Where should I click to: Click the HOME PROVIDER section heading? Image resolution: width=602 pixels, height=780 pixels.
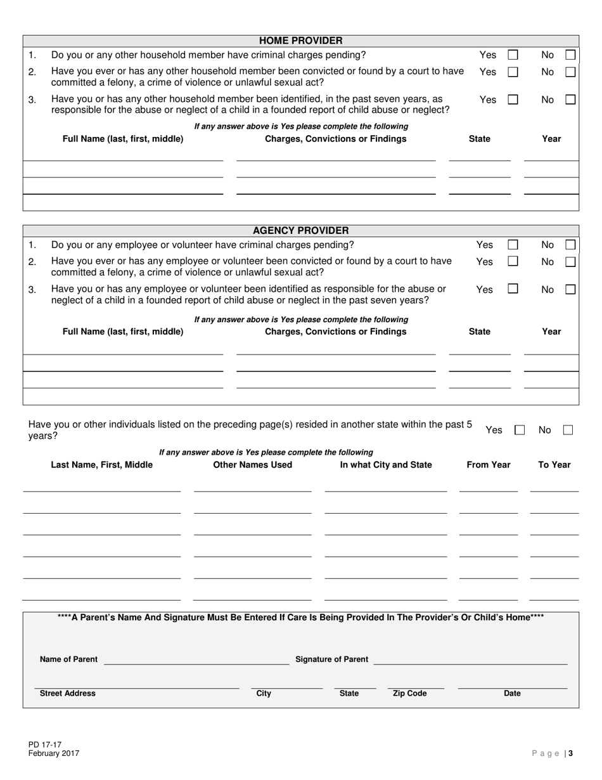click(x=301, y=41)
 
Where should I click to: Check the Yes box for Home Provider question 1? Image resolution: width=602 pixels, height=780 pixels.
click(x=513, y=55)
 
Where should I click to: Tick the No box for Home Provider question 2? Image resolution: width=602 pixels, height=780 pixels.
click(x=570, y=72)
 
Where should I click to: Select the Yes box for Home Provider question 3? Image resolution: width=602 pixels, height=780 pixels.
click(x=513, y=100)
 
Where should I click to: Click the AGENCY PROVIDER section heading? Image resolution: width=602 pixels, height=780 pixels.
click(x=301, y=230)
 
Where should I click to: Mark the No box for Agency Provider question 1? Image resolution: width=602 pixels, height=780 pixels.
click(x=570, y=245)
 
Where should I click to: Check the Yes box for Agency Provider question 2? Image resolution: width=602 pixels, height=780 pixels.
click(x=513, y=261)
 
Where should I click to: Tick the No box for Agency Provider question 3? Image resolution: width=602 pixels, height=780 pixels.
click(x=570, y=289)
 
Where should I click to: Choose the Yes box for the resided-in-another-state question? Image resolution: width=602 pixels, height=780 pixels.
click(x=520, y=430)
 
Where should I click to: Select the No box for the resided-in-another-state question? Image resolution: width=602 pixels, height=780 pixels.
click(x=568, y=430)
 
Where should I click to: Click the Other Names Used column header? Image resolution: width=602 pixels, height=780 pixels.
click(x=253, y=465)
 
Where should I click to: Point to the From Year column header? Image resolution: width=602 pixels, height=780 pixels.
click(x=488, y=465)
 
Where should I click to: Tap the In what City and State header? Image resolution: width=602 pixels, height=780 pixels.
click(x=386, y=465)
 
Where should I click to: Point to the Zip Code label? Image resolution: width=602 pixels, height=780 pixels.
click(x=409, y=694)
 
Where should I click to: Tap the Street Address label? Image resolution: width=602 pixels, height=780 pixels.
click(x=68, y=694)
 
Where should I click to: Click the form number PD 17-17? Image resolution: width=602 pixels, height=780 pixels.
click(x=45, y=745)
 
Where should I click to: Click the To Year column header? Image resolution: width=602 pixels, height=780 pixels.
click(x=554, y=465)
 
